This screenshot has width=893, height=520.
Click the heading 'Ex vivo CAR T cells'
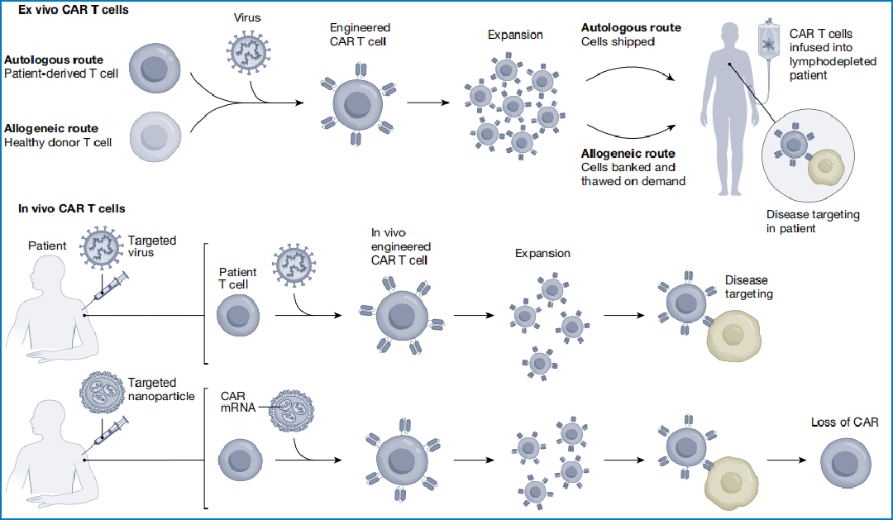(x=67, y=9)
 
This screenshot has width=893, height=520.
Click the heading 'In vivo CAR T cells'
(x=72, y=208)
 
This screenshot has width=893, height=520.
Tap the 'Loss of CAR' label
(x=846, y=422)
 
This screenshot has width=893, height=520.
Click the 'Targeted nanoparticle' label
(x=161, y=389)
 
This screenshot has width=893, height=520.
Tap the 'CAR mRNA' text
(x=236, y=402)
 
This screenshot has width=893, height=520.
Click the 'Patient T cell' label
(x=237, y=279)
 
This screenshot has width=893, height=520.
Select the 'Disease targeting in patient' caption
(x=813, y=221)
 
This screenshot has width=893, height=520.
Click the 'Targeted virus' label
(x=152, y=246)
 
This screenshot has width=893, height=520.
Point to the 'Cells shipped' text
(x=618, y=41)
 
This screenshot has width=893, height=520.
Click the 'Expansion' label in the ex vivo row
(x=515, y=35)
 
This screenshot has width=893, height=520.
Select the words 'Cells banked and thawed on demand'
(x=633, y=174)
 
